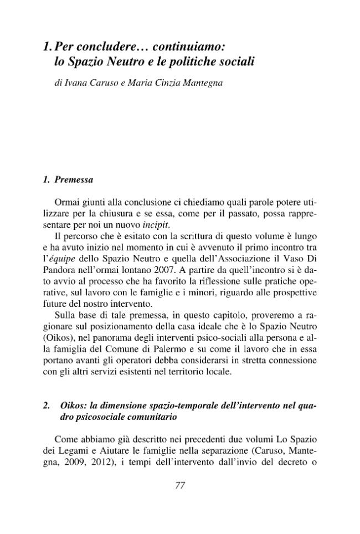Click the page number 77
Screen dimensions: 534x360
[x=179, y=486]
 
